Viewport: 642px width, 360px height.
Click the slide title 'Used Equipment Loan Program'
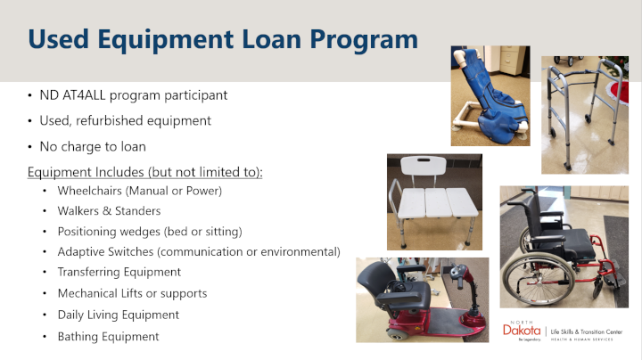[x=223, y=40]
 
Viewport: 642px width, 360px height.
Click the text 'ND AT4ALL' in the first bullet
[x=72, y=95]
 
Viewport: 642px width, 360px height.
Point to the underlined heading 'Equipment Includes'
[x=78, y=171]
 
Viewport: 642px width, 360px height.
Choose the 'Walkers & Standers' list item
[x=109, y=211]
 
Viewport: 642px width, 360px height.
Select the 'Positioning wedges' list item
[x=149, y=232]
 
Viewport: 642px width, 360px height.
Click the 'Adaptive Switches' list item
[x=198, y=252]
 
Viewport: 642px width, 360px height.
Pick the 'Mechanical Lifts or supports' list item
[x=132, y=293]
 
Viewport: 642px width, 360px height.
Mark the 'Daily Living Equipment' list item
[x=118, y=315]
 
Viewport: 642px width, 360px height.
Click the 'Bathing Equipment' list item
[x=108, y=336]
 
